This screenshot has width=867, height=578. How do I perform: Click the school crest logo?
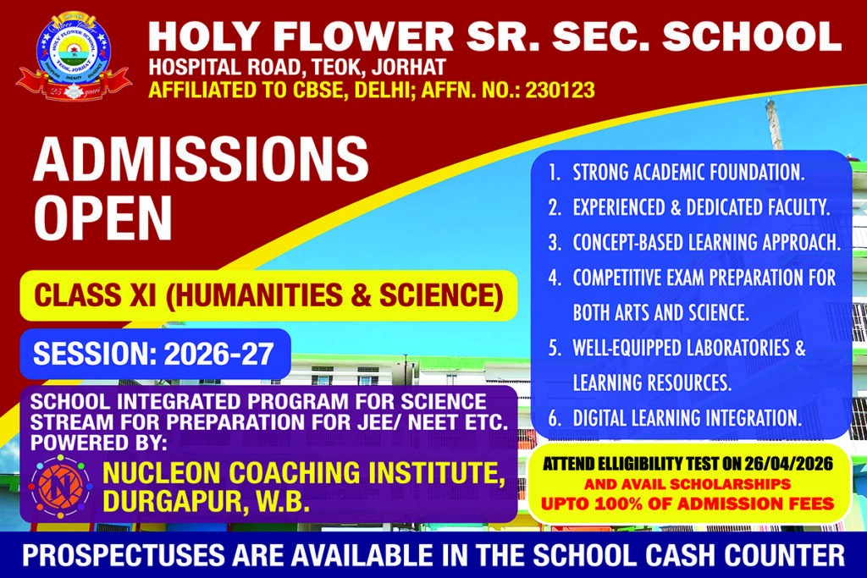74,57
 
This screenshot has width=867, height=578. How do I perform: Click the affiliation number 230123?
561,90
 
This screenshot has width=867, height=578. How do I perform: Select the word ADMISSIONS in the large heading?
201,159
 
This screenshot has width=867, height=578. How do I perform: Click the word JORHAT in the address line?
409,68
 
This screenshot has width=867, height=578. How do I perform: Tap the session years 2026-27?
219,355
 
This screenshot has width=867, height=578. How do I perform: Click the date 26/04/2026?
788,463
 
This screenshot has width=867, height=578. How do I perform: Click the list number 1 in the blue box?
554,173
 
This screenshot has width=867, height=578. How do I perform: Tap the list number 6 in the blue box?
555,418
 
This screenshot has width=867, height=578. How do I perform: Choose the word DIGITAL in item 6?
599,418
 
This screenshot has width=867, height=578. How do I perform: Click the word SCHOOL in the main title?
752,37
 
